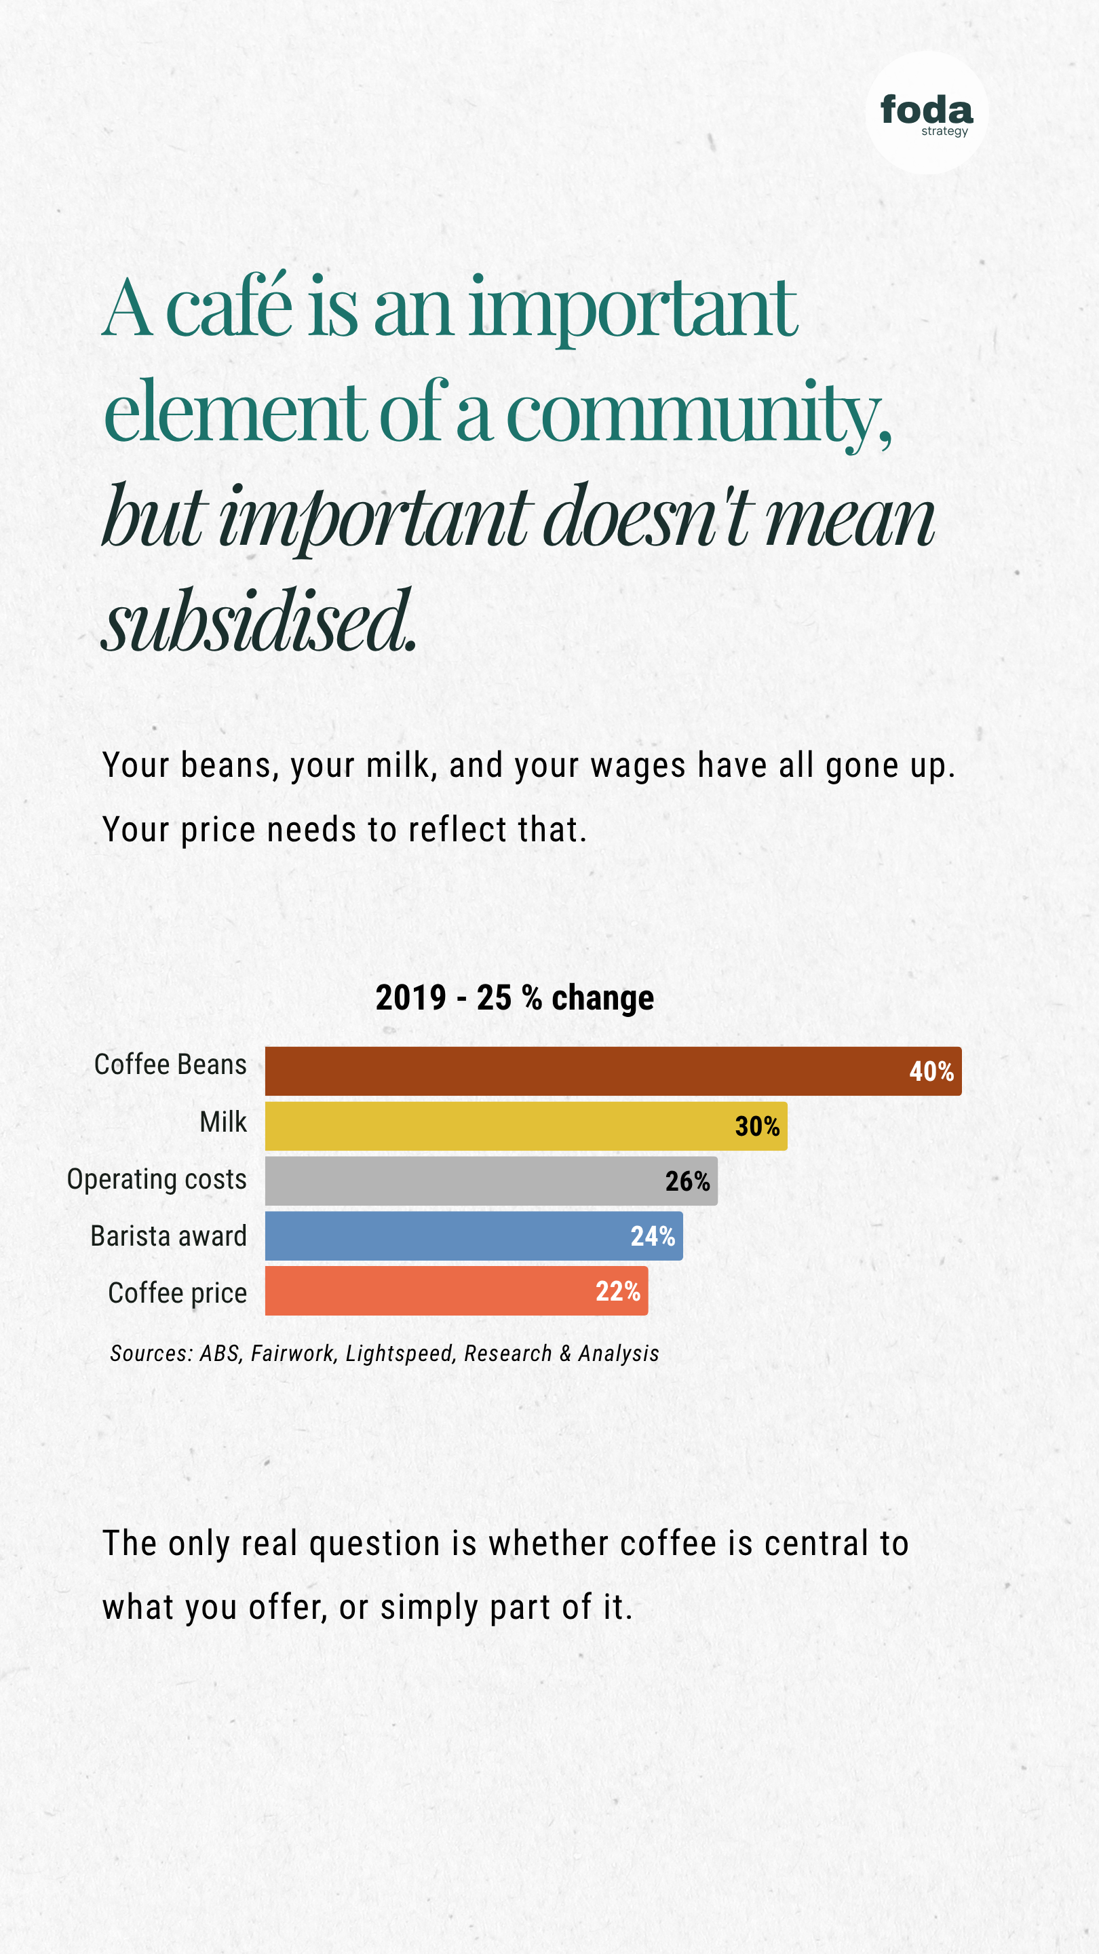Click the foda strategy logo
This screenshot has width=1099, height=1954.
coord(926,113)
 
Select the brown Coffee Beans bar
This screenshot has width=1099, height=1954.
coord(613,1071)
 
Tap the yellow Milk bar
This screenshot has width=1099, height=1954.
coord(526,1126)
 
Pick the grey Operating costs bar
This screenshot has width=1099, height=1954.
coord(490,1181)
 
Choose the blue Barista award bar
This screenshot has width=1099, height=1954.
coord(474,1235)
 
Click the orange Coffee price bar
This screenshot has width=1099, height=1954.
coord(456,1290)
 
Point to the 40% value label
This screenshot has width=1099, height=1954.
coord(931,1071)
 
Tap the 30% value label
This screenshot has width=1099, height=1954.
coord(757,1126)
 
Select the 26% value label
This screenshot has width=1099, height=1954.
coord(687,1181)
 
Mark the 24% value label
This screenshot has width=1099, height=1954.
coord(652,1235)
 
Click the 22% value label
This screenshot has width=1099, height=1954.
coord(617,1291)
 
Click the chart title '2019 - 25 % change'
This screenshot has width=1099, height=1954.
coord(514,997)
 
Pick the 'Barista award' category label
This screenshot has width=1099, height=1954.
coord(168,1235)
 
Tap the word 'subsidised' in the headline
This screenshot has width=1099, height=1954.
coord(258,621)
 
